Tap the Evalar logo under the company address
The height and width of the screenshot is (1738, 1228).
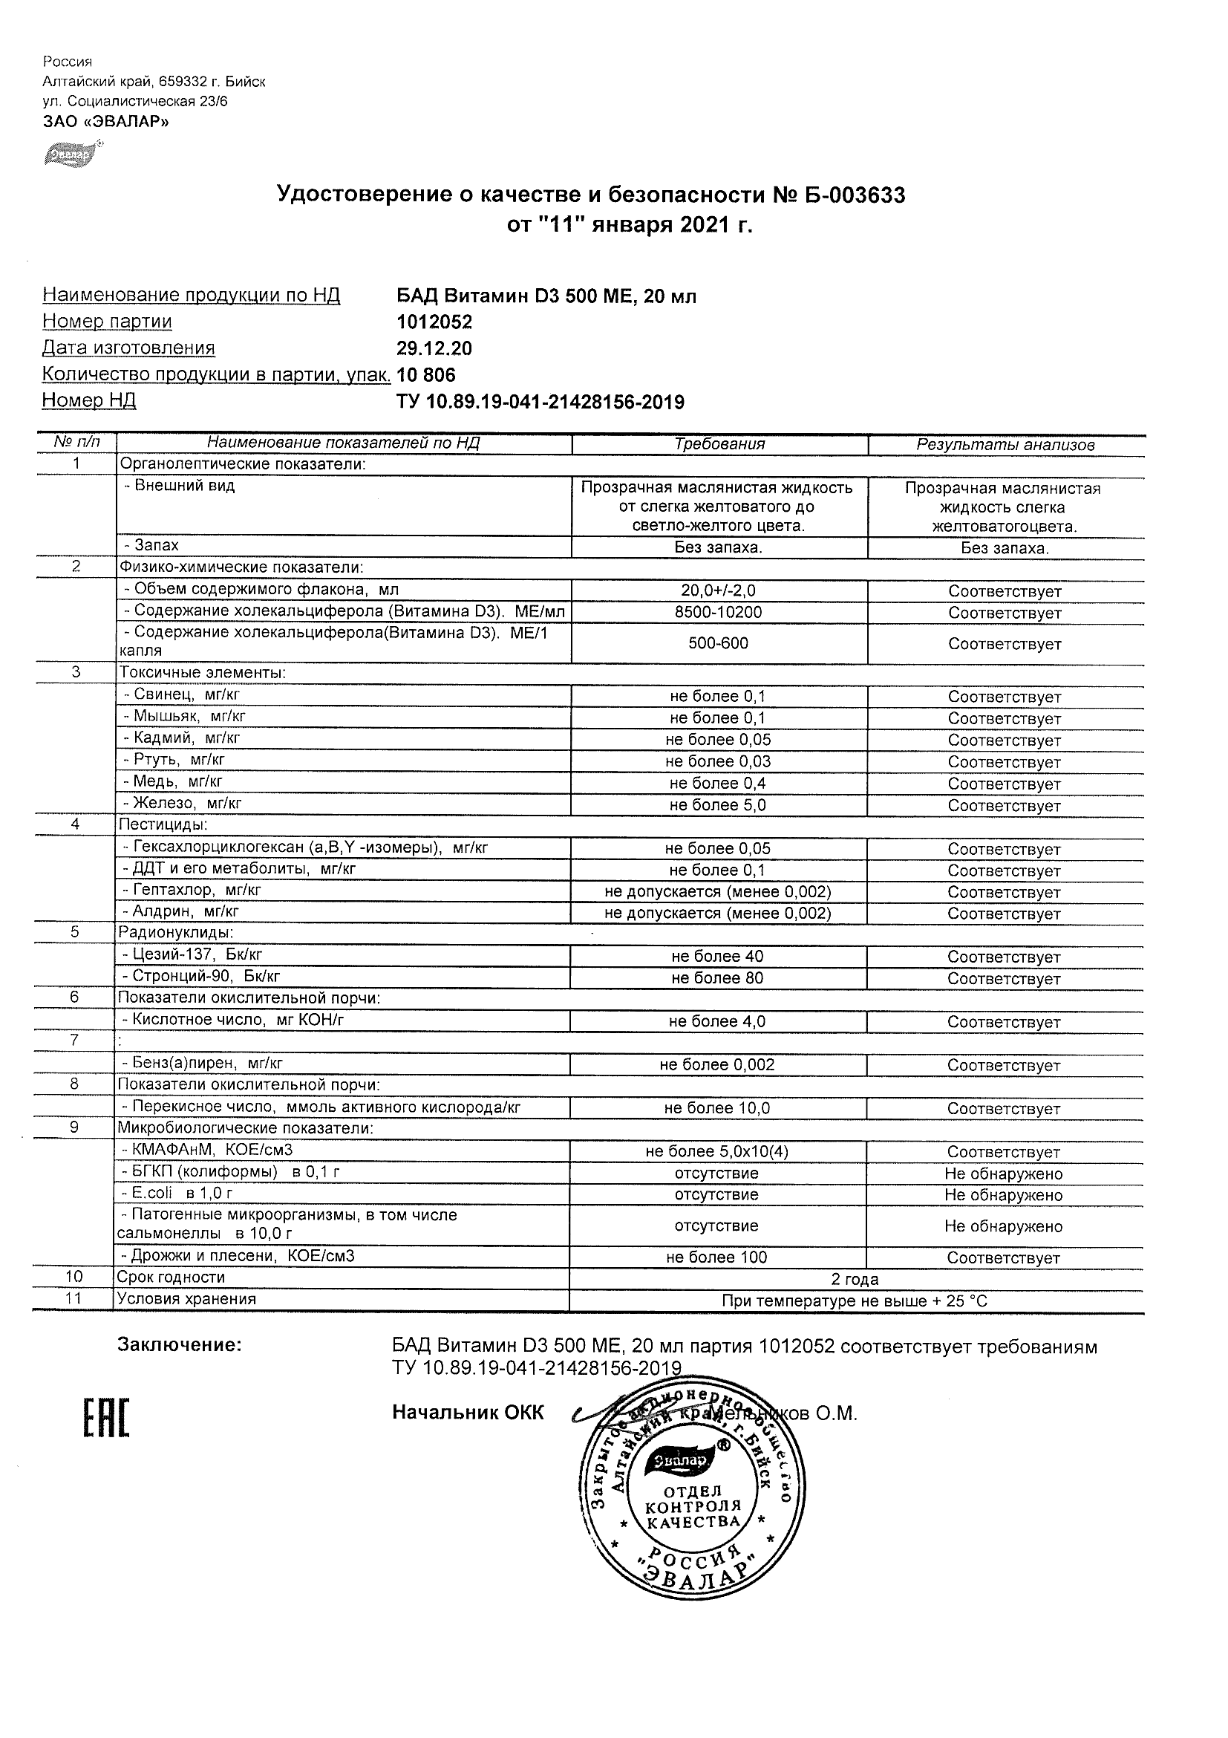pyautogui.click(x=69, y=154)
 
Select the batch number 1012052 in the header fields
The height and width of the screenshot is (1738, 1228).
pyautogui.click(x=434, y=322)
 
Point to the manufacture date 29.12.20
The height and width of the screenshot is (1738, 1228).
pyautogui.click(x=434, y=348)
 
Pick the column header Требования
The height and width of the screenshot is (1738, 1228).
pyautogui.click(x=719, y=444)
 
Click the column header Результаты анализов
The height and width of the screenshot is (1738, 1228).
pyautogui.click(x=1005, y=445)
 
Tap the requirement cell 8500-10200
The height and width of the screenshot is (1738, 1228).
pyautogui.click(x=718, y=611)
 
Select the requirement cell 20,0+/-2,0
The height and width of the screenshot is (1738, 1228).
pyautogui.click(x=718, y=590)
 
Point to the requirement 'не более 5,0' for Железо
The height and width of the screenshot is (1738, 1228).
pyautogui.click(x=717, y=804)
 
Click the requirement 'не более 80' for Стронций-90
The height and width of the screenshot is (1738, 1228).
pyautogui.click(x=717, y=978)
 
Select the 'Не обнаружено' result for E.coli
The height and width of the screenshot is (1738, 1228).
pyautogui.click(x=1003, y=1195)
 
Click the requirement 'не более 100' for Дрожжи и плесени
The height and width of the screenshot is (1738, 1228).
pyautogui.click(x=716, y=1257)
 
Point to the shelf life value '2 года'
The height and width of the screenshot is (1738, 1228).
pyautogui.click(x=855, y=1279)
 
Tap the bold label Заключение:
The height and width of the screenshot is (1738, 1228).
pyautogui.click(x=180, y=1345)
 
